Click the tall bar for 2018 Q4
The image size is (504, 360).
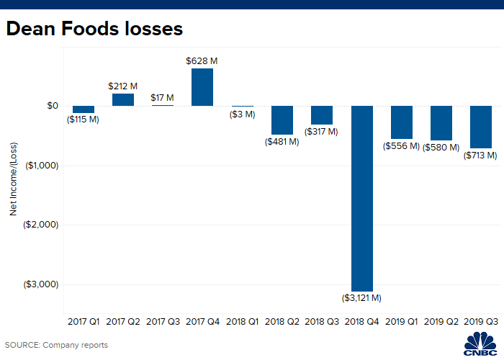tap(361, 198)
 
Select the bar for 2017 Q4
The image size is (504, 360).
tap(202, 87)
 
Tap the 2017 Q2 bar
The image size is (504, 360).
tap(123, 100)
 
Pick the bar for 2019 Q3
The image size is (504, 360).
tap(480, 127)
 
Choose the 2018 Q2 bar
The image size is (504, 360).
tap(282, 120)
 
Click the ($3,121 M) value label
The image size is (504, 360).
tap(361, 297)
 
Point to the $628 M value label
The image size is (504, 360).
tap(202, 62)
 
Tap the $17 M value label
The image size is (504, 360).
tap(163, 97)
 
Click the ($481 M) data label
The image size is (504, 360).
tap(282, 141)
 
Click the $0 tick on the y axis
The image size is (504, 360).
tap(53, 106)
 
